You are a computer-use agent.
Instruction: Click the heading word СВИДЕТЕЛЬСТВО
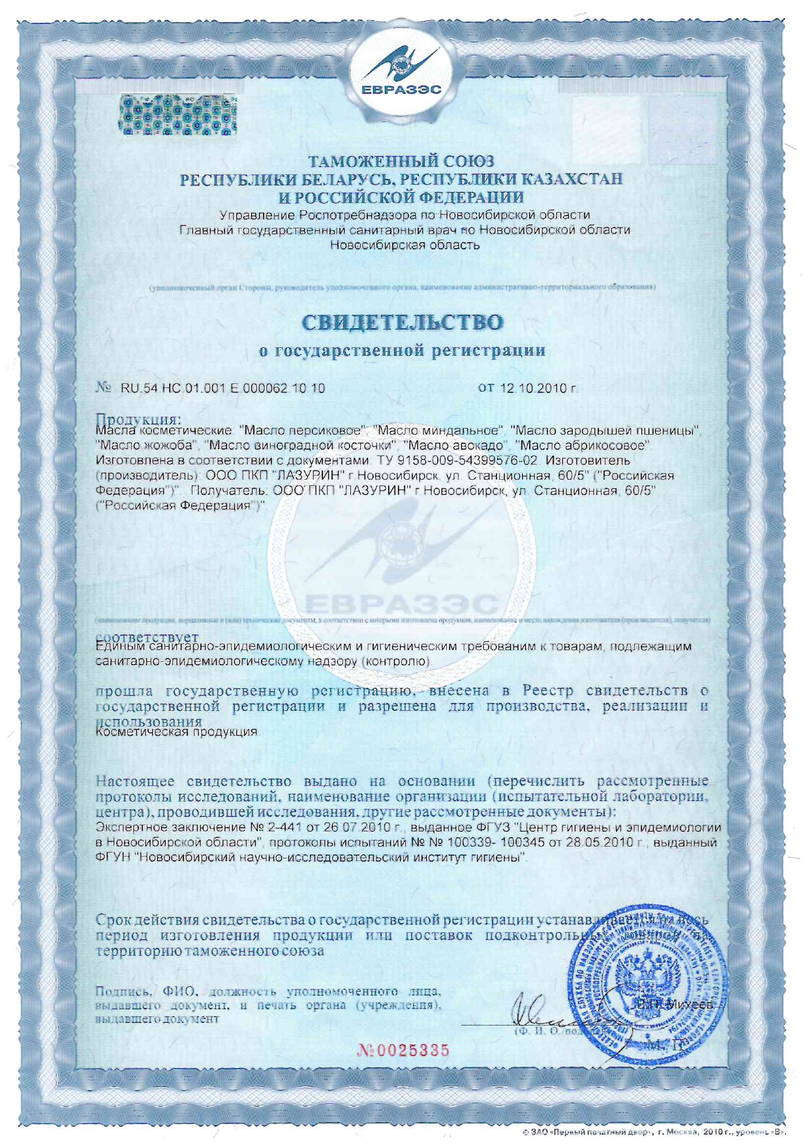[x=403, y=322]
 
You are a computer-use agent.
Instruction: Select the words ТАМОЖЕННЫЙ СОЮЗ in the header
[x=401, y=161]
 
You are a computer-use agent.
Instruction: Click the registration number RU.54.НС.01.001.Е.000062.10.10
[x=222, y=388]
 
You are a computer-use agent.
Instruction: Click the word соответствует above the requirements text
[x=147, y=636]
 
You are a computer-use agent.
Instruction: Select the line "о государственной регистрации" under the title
[x=403, y=351]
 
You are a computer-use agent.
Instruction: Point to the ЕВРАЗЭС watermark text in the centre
[x=401, y=603]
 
